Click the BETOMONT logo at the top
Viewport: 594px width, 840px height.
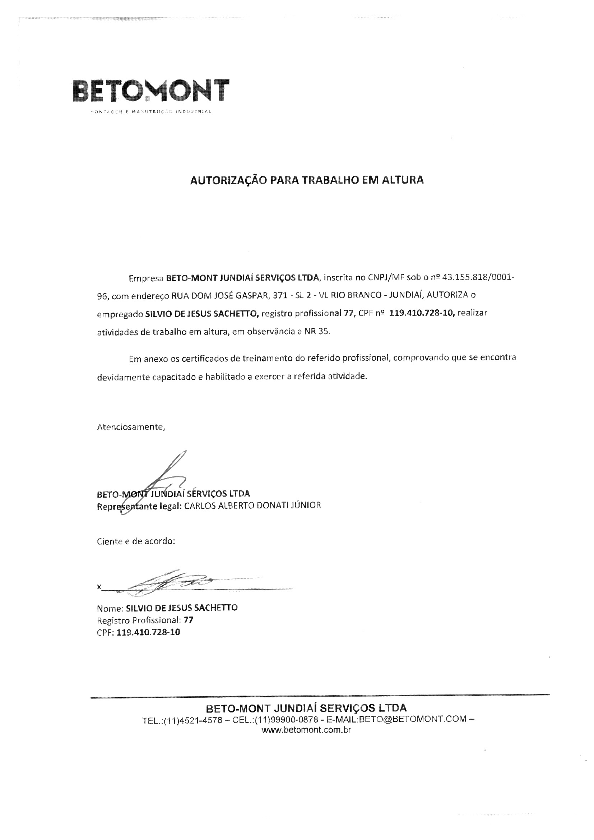click(151, 91)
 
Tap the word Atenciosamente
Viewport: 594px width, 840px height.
click(131, 427)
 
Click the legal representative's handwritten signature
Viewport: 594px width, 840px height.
click(161, 479)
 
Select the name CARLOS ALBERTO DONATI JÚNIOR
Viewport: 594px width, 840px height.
click(252, 506)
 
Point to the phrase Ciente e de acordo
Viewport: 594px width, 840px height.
click(136, 541)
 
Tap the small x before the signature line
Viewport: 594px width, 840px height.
click(99, 587)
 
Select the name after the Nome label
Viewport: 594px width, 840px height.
click(182, 608)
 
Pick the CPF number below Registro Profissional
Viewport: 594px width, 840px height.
click(148, 632)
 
